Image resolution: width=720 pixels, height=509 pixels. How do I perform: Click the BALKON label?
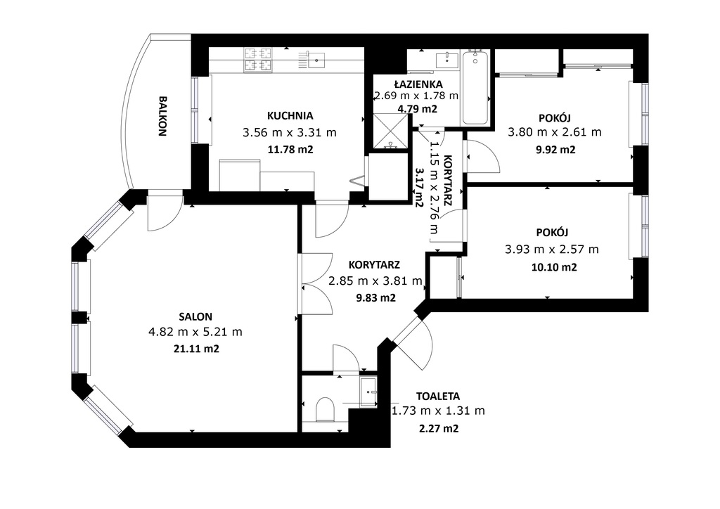(x=162, y=116)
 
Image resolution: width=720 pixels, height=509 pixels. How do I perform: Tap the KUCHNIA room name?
(x=290, y=116)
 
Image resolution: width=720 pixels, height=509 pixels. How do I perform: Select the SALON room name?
(x=195, y=316)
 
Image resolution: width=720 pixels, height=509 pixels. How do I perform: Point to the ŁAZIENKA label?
(x=418, y=84)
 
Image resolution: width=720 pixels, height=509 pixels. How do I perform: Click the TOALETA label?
(x=438, y=396)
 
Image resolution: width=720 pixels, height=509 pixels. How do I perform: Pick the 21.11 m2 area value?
(x=197, y=349)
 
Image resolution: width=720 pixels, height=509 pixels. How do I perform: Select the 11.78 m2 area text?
(x=290, y=149)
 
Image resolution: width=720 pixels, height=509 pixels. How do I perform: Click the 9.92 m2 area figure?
(x=555, y=150)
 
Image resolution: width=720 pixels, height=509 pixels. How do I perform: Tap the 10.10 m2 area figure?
(x=554, y=267)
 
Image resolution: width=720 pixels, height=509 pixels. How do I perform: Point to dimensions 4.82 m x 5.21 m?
(x=195, y=332)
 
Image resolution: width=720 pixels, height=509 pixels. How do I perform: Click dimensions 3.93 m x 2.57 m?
(x=552, y=250)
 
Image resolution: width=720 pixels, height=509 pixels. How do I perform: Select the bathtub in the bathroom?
(x=475, y=87)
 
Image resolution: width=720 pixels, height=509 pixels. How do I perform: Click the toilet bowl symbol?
(x=325, y=409)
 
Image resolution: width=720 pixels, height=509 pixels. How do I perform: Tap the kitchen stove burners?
(x=258, y=60)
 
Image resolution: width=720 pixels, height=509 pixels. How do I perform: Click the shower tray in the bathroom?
(x=390, y=131)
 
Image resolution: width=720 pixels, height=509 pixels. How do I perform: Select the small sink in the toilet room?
(x=368, y=392)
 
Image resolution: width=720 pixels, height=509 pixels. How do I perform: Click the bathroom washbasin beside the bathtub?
(x=446, y=60)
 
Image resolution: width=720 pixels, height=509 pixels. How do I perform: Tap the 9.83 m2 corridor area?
(x=376, y=298)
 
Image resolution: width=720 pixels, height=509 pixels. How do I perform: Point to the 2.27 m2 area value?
(x=439, y=429)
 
